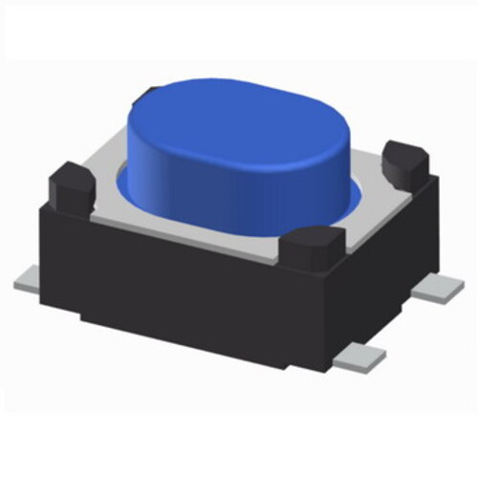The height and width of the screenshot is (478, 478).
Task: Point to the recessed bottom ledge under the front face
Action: (191, 330)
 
